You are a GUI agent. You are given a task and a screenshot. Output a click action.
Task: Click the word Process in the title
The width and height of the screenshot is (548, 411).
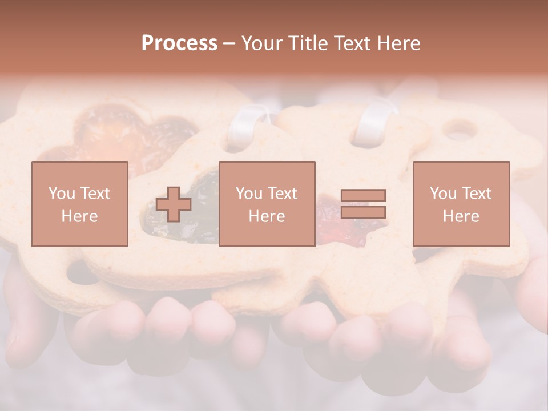click(179, 43)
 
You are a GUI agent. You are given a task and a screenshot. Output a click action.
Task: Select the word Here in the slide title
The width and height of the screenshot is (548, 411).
click(397, 43)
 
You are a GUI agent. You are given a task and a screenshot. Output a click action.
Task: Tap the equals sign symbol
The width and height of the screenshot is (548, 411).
click(363, 204)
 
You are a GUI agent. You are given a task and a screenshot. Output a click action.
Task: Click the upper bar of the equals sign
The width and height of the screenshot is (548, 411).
click(363, 196)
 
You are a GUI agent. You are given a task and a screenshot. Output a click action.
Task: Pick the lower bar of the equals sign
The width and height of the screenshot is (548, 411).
click(363, 212)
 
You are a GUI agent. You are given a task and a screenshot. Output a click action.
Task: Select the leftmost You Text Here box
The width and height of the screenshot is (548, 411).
click(79, 204)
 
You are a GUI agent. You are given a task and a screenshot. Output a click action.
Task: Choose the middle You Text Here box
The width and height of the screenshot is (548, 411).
click(267, 204)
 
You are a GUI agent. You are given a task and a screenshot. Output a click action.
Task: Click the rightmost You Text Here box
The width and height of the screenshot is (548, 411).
click(461, 204)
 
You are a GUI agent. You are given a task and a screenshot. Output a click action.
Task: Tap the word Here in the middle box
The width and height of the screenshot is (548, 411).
click(267, 216)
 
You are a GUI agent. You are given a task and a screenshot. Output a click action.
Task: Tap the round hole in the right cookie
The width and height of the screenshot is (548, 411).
click(460, 130)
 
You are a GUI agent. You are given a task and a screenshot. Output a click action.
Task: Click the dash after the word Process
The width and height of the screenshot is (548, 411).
click(229, 43)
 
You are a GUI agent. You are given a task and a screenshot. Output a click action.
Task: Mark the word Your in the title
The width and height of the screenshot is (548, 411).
click(261, 43)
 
